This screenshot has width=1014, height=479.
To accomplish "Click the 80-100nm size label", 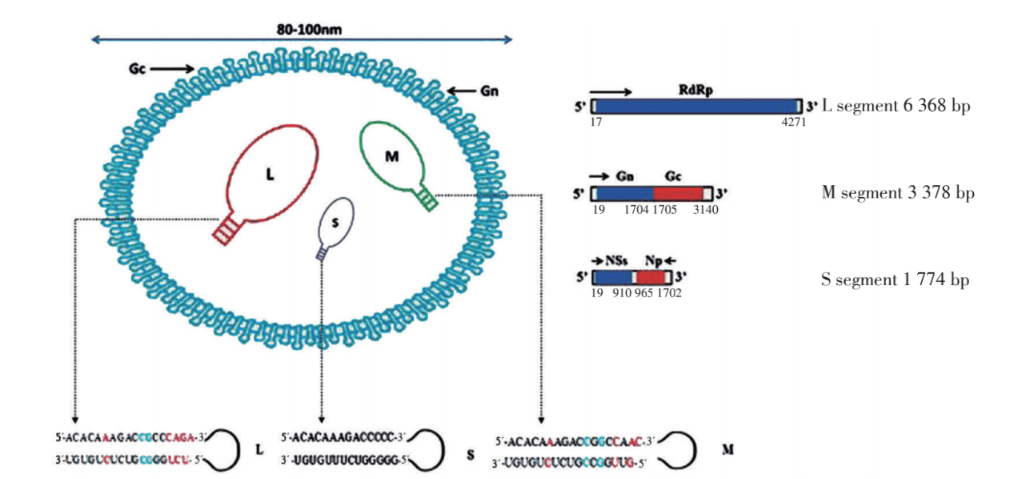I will click(x=302, y=27).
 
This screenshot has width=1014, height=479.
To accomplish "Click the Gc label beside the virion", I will click(x=137, y=69).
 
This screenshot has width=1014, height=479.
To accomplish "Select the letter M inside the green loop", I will click(x=391, y=156).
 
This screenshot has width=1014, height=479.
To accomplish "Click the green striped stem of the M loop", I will click(x=429, y=199).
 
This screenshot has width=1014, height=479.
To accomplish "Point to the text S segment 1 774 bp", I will click(x=895, y=280).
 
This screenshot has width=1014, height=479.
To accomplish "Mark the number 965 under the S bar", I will click(x=644, y=295).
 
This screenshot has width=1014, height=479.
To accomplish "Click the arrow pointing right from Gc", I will click(x=171, y=69).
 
